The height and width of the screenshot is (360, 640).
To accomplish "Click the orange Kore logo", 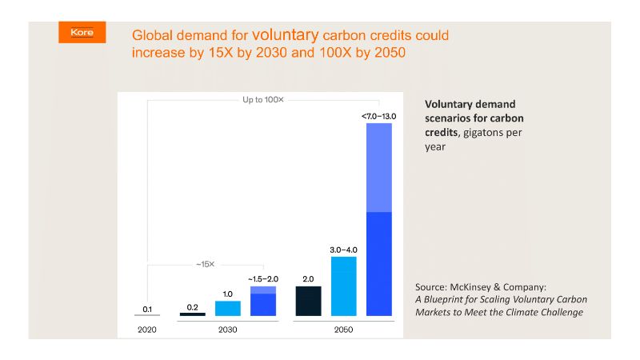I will pos(82,32).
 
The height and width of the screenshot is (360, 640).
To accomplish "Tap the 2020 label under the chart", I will pos(146,329).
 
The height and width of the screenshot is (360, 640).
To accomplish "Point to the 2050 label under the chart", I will pos(343,329).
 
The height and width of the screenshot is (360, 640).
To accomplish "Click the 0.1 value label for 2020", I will pos(147,309).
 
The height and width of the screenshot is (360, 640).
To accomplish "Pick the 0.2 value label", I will pos(192,306).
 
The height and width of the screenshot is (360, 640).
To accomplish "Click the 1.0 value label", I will pos(228,294).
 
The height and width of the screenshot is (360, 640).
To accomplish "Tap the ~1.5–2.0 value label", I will pos(262,278).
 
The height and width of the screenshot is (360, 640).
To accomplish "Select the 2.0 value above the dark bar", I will pos(308,279).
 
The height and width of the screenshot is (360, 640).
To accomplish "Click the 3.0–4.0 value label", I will pos(343,250).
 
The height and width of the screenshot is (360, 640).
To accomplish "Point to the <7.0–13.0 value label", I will pos(378,116).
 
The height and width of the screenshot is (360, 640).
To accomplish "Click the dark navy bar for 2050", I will pos(308,301).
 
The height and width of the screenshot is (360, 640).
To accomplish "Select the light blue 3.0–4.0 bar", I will pos(343,286).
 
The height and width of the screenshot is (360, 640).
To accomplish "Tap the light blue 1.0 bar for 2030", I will pos(228,308).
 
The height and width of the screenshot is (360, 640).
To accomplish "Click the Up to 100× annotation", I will pos(263,100).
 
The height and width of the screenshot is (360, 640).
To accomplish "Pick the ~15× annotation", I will pos(206,262).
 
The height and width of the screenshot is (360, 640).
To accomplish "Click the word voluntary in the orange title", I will pos(286,35).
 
